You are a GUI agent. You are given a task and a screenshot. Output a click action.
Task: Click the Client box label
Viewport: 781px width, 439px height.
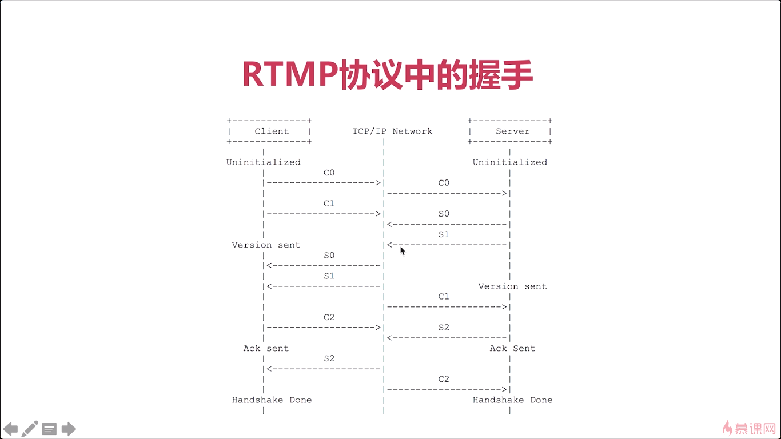click(x=272, y=131)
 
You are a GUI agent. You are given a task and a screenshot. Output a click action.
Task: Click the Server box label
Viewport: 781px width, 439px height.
click(x=512, y=131)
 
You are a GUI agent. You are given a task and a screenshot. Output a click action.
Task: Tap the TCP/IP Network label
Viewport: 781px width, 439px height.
click(x=392, y=131)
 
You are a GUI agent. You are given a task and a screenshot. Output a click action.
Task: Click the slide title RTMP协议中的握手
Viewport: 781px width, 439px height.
click(x=388, y=74)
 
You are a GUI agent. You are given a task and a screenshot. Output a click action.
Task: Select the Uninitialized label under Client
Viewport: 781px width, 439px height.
click(x=263, y=162)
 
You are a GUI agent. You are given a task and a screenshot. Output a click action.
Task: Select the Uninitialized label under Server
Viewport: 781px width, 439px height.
click(x=510, y=162)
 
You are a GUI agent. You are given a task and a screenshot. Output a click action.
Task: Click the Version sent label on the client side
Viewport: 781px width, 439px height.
click(x=266, y=245)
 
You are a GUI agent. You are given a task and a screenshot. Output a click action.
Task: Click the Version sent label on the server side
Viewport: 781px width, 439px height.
click(x=512, y=286)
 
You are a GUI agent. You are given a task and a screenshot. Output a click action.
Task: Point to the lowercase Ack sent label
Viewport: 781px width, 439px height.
click(x=266, y=348)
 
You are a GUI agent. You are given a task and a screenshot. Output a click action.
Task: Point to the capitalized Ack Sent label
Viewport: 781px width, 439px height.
click(x=512, y=348)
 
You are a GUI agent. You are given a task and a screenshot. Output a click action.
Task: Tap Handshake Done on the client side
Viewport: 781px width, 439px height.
click(x=272, y=400)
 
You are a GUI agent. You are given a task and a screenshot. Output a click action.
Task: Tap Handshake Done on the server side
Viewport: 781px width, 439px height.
click(x=512, y=400)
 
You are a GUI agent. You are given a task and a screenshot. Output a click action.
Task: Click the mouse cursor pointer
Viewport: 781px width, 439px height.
click(x=403, y=251)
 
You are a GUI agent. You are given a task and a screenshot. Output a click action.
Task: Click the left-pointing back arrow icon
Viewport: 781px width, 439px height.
click(x=10, y=429)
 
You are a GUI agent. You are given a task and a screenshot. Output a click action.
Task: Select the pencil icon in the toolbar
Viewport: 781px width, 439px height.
click(x=30, y=429)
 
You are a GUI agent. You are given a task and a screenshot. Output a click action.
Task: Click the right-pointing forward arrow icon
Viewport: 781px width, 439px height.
click(x=69, y=429)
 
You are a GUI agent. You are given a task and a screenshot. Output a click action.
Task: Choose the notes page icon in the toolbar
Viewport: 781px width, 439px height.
click(x=49, y=429)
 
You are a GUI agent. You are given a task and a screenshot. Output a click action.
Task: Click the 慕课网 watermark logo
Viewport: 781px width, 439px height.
click(x=749, y=428)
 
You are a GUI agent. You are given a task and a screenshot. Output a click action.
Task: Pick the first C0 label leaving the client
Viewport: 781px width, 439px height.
click(x=329, y=173)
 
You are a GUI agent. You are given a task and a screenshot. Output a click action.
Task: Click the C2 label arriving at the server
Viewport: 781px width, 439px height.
click(x=444, y=379)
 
